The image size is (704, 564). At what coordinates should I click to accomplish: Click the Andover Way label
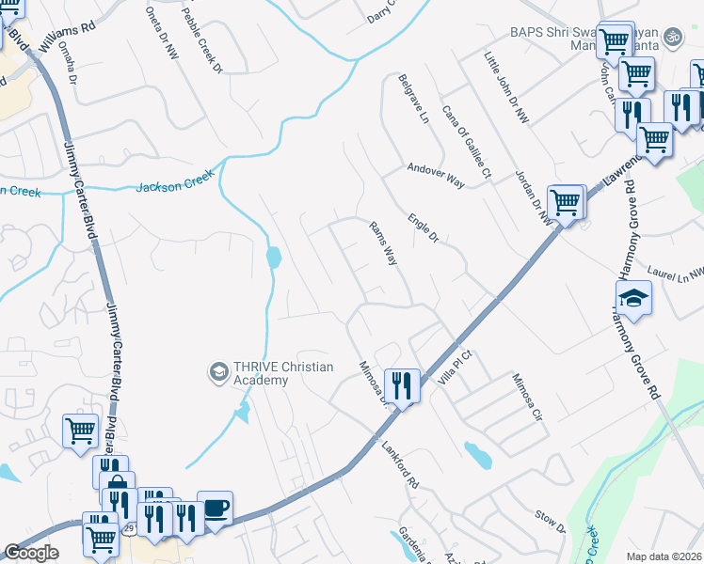436,176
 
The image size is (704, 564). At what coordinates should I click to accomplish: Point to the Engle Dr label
424,230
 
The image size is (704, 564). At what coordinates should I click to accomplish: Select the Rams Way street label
382,243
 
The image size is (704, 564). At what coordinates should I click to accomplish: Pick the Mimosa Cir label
528,399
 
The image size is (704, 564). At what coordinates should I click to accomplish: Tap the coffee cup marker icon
216,508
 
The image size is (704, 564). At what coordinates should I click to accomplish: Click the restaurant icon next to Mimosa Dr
402,384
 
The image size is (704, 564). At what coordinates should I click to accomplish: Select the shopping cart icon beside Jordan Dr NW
565,200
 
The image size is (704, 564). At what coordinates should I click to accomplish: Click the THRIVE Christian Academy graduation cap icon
219,373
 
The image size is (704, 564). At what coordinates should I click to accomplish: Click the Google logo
32,553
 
